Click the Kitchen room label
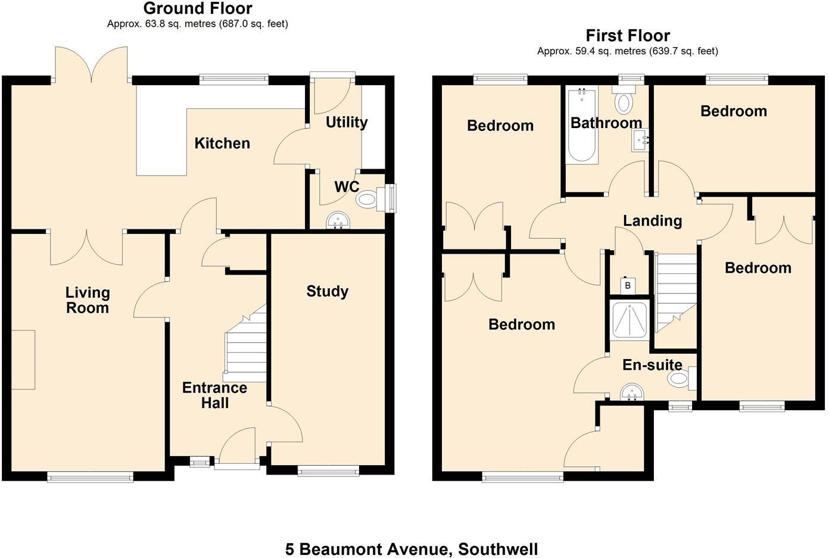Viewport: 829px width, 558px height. coord(222,143)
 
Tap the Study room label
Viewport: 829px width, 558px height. coord(327,291)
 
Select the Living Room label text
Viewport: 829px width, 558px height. coord(88,300)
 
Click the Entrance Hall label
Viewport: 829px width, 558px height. coord(214,395)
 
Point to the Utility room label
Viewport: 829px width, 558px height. coord(346,122)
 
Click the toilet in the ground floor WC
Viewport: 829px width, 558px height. coord(368,199)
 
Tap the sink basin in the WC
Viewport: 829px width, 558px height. coord(339,222)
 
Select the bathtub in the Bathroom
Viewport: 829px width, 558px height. coord(582,126)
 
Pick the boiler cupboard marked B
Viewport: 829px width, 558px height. coord(627,286)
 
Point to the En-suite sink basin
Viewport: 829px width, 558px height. coord(631,393)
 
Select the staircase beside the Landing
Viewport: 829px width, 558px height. coord(676,292)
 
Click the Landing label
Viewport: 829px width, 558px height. coord(652,220)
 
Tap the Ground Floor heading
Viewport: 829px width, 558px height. coord(198,9)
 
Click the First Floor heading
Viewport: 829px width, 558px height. coord(628,36)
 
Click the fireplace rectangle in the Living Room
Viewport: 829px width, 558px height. coord(23,359)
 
